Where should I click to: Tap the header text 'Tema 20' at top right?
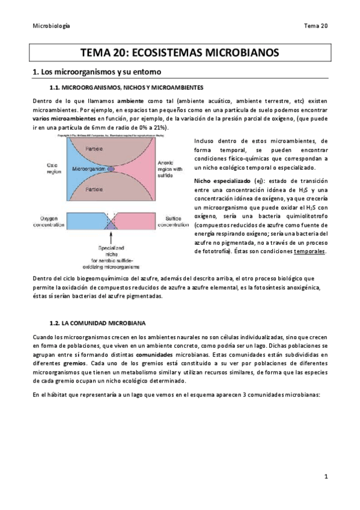316,26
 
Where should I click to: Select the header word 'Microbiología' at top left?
50,26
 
